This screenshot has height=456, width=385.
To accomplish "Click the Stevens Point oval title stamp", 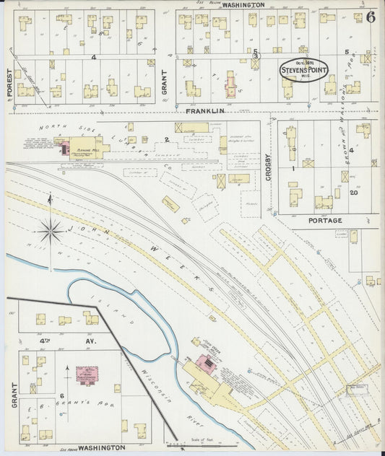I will tap(303, 71).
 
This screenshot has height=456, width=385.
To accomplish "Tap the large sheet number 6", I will tap(370, 18).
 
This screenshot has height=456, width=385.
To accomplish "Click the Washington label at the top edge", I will tap(243, 5).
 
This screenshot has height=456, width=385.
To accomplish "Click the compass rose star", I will tap(51, 232).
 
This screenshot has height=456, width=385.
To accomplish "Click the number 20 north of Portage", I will tap(355, 193).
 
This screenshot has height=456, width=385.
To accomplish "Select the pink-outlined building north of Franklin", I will tap(230, 85).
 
